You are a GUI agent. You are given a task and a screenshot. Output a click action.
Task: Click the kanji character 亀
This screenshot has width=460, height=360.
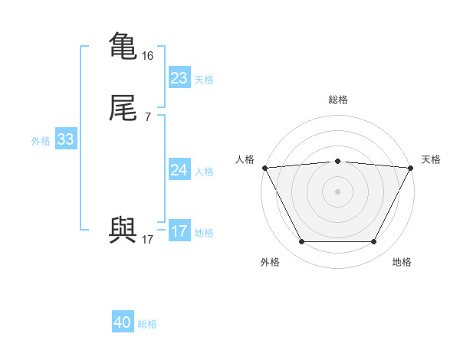[x=123, y=45]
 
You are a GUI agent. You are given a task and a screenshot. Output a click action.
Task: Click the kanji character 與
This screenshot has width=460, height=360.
[x=123, y=231]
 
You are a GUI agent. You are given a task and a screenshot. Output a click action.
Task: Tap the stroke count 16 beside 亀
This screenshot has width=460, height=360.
[x=148, y=56]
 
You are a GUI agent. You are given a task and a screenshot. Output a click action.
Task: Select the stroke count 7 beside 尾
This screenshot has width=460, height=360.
[x=147, y=117]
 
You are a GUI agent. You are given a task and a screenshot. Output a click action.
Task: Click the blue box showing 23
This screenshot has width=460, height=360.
[x=179, y=78]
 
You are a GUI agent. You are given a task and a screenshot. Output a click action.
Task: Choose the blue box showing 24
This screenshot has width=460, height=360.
[x=179, y=170]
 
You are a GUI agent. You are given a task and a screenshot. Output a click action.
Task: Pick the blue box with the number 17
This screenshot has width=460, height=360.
[x=179, y=231]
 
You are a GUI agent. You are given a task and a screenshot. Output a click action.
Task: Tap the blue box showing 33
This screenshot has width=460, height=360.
[x=65, y=139]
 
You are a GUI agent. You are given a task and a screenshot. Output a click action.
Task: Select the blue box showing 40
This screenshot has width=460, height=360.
[x=123, y=323]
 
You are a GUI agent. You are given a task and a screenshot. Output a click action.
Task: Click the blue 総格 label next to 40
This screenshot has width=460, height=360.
[x=147, y=324]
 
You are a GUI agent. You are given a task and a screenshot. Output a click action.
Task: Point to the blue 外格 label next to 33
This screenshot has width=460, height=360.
[x=41, y=140]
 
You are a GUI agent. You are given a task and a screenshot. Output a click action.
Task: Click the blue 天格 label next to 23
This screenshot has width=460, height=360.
[x=204, y=79]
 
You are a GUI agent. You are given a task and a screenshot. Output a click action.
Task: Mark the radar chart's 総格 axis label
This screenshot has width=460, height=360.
[x=337, y=100]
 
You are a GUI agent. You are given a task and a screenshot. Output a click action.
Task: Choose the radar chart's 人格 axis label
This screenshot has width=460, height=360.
[x=244, y=159]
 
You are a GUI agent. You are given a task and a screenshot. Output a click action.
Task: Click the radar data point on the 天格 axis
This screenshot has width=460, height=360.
[x=411, y=168]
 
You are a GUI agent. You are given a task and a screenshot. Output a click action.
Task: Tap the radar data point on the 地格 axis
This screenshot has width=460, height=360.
[x=373, y=242]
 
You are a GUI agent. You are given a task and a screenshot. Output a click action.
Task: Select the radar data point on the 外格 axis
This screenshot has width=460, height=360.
[x=301, y=242]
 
